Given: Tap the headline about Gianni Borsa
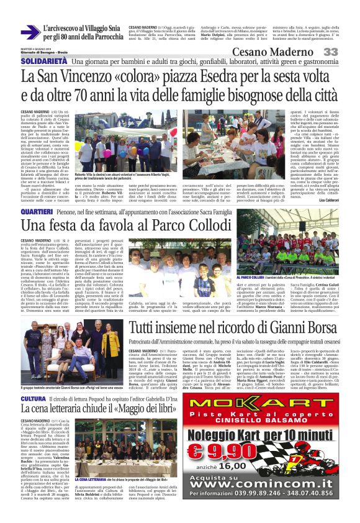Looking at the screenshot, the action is [242, 327].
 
